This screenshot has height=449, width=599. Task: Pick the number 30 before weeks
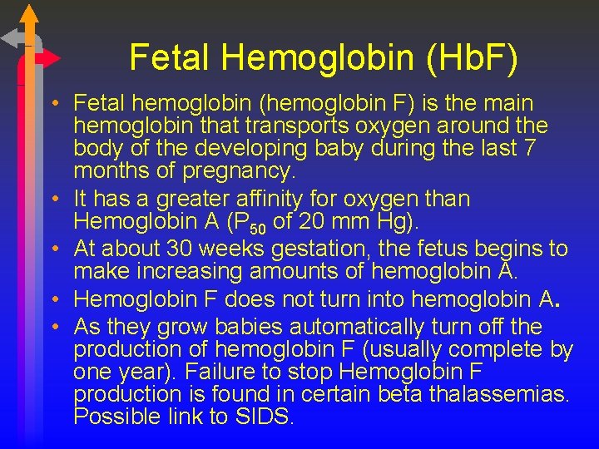(177, 248)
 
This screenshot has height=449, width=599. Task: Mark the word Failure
(219, 372)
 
